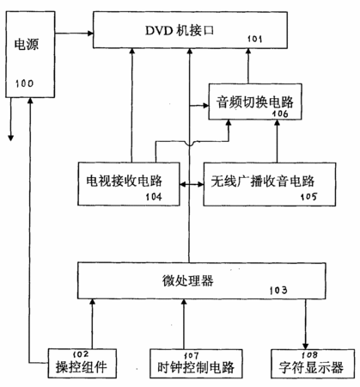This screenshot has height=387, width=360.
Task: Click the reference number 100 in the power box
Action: [24, 83]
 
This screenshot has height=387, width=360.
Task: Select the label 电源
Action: [27, 45]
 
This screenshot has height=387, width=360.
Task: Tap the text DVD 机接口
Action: [180, 30]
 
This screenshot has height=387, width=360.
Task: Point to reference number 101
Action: [254, 39]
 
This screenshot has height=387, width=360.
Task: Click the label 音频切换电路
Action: [254, 102]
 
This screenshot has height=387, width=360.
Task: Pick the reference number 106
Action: [280, 114]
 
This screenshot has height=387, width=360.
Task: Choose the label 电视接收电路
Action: [125, 181]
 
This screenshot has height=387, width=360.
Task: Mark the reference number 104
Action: [154, 197]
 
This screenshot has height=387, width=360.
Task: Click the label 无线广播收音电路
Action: [263, 181]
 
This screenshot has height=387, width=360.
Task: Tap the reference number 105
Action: [308, 197]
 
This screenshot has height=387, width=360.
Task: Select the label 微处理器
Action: [188, 280]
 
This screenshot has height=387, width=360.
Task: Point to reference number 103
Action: [278, 290]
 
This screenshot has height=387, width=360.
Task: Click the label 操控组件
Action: [82, 367]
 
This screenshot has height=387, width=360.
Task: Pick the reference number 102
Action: [81, 354]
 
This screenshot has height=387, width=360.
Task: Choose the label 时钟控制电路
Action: [196, 367]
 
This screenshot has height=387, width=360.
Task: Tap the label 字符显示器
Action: [311, 367]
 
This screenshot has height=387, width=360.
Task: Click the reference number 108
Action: [309, 355]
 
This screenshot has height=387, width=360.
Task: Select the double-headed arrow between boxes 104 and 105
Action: [192, 184]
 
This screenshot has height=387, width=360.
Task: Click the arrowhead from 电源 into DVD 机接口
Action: [90, 34]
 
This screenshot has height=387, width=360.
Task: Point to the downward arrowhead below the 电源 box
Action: [10, 138]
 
